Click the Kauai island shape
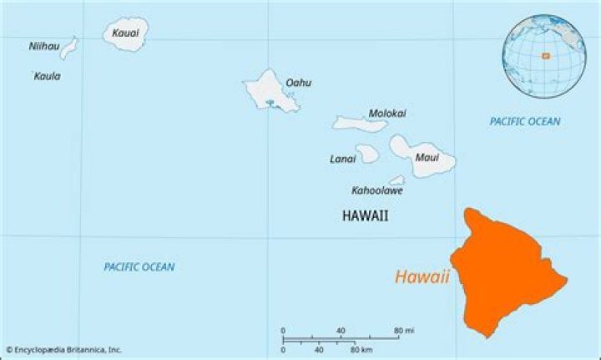[126, 37]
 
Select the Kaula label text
[47, 76]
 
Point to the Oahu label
[298, 83]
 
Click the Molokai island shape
[360, 124]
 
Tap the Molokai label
[387, 113]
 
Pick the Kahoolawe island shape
[397, 180]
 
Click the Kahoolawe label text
[376, 190]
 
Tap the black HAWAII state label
[365, 215]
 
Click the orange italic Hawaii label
[422, 277]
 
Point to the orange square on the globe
[544, 56]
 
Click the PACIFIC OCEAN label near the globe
[524, 121]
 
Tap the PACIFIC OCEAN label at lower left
[139, 266]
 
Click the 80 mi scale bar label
[405, 331]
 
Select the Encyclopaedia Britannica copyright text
[63, 349]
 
